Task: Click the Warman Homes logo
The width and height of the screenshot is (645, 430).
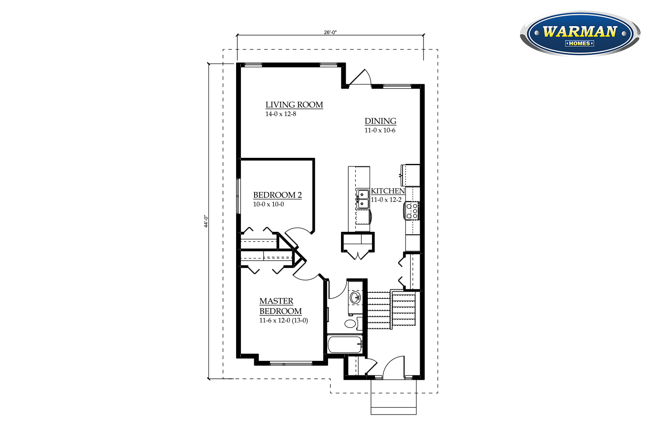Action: point(580,34)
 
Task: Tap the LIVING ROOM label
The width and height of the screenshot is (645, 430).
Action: point(294,104)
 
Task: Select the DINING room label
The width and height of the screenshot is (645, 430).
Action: point(381,121)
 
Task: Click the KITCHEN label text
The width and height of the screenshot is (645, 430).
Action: point(388,191)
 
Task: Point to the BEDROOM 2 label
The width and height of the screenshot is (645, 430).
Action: point(277,195)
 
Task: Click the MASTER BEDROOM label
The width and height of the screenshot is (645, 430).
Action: point(280,306)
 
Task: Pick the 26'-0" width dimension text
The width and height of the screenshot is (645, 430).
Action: point(330,32)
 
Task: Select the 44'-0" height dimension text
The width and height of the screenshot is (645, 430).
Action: point(206,221)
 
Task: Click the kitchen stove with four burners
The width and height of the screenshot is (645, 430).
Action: point(412,211)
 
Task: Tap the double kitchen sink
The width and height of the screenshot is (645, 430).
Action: point(362,199)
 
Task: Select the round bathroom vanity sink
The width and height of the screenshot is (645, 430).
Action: point(355,297)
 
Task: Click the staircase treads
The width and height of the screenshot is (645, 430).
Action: point(391,310)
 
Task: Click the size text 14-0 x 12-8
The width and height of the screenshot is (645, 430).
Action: point(281,114)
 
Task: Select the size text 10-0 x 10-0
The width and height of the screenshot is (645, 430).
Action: point(268,205)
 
